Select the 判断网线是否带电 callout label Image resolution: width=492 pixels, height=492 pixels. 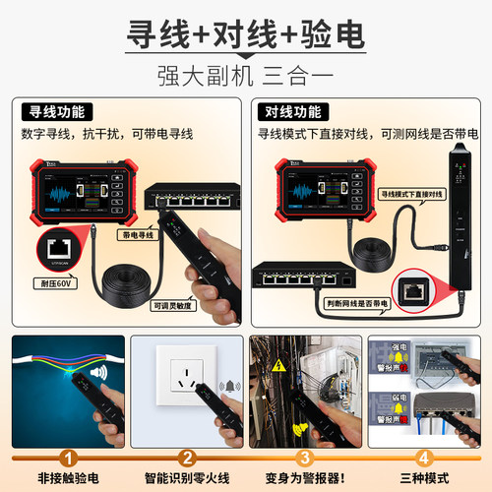point(361,304)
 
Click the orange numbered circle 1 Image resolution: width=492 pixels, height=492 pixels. point(68,458)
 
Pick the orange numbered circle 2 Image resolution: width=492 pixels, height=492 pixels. point(187,458)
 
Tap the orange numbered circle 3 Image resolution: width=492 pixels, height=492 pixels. point(305,458)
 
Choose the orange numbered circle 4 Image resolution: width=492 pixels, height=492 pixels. point(424,458)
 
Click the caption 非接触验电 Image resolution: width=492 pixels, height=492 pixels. point(68,477)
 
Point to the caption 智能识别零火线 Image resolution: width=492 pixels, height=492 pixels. point(187,477)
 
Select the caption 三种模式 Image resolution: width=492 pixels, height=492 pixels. point(424,477)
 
